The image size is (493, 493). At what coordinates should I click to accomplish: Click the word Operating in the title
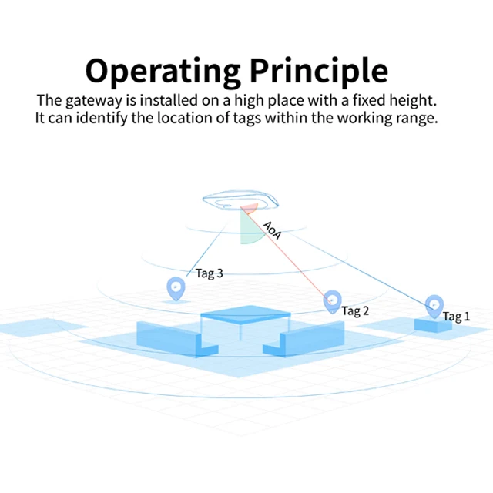tap(163, 70)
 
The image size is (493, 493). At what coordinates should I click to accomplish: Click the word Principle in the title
tap(318, 70)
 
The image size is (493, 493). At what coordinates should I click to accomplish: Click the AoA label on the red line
tap(272, 230)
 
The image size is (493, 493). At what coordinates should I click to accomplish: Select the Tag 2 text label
tap(355, 310)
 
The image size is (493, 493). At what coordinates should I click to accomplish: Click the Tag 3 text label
tap(210, 273)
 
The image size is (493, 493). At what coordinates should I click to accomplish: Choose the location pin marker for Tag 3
tap(176, 289)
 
